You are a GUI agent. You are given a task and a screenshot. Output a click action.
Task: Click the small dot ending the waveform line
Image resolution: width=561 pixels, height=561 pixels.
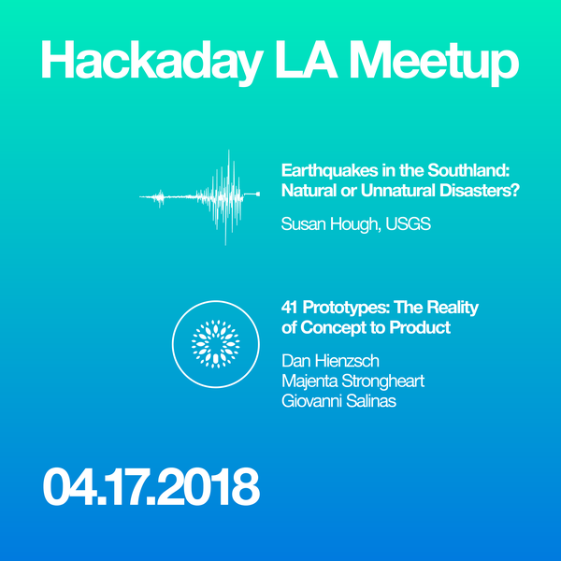(x=259, y=194)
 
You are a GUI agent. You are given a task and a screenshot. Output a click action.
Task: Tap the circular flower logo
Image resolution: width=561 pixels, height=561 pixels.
(x=215, y=343)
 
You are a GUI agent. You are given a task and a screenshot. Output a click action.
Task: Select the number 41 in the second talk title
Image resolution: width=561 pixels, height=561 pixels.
(x=290, y=308)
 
